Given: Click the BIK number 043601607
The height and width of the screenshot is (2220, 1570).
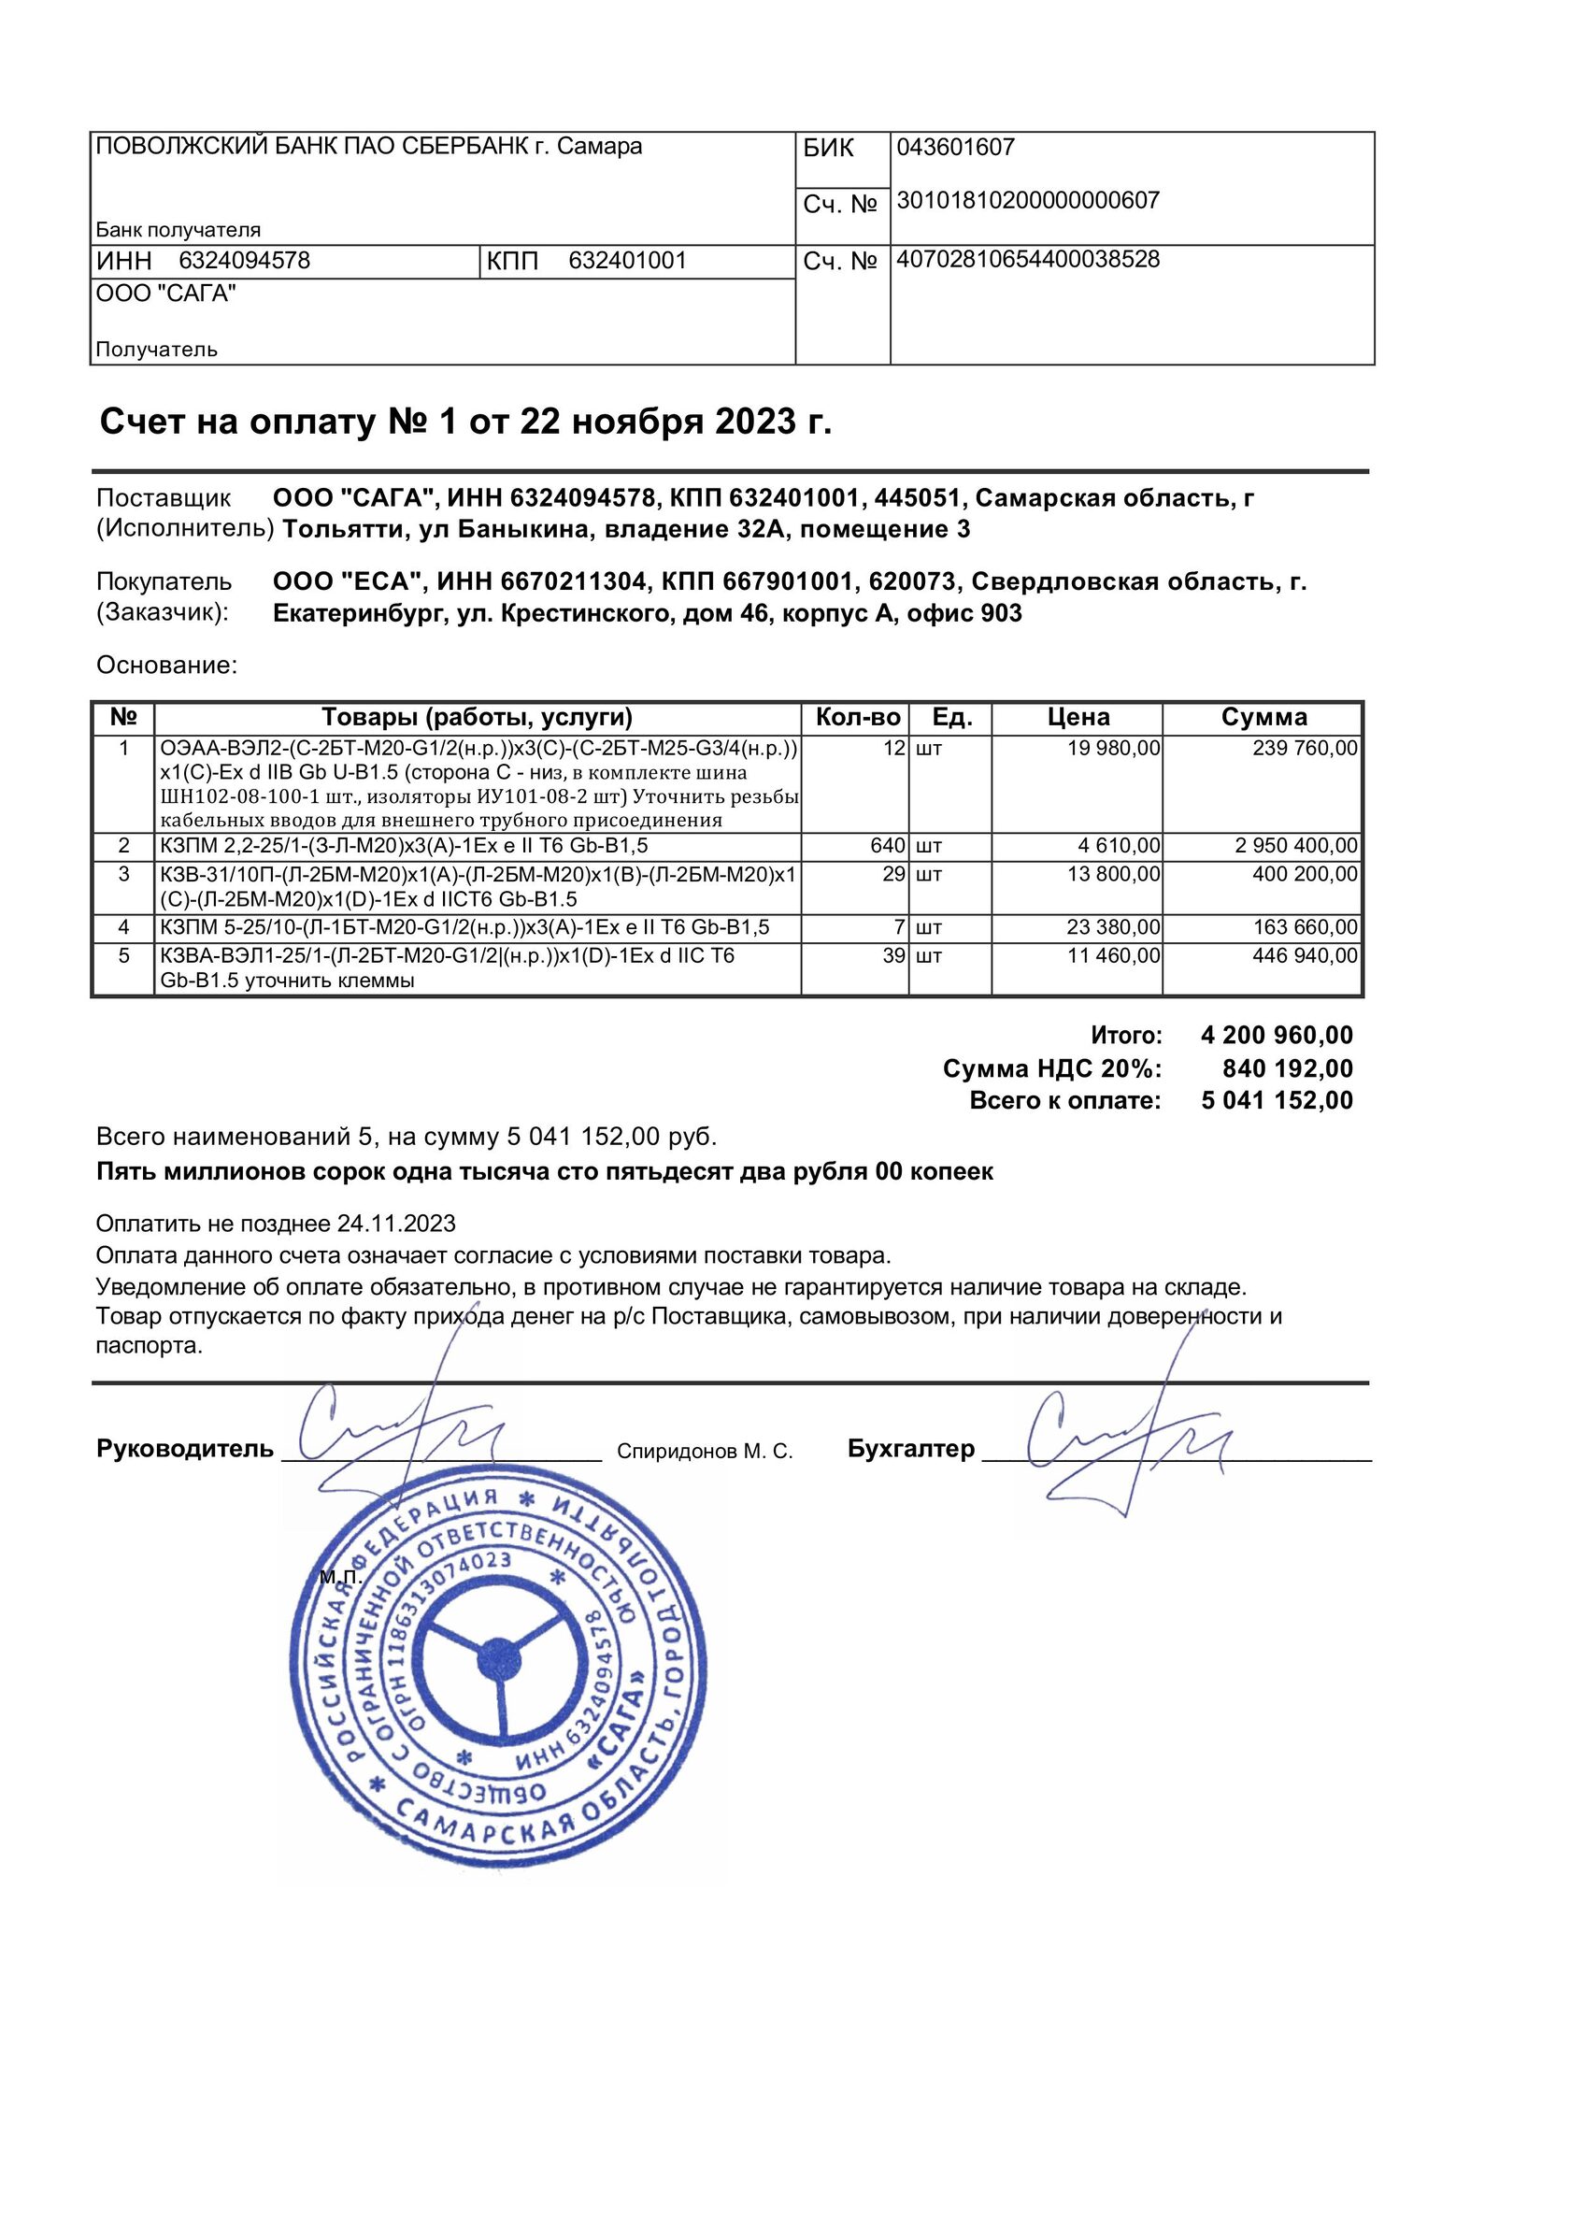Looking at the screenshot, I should [955, 148].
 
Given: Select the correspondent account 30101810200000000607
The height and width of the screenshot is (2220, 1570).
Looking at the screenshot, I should [1028, 201].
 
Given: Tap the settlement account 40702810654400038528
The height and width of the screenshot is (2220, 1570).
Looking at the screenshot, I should [1028, 260].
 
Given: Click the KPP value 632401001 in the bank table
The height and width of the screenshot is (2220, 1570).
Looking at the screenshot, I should [627, 261].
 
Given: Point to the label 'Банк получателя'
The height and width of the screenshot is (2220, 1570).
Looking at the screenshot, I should [178, 230].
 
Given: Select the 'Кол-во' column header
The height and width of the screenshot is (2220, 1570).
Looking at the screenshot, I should [858, 718].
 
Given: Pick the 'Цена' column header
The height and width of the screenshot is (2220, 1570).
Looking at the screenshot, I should [1078, 718].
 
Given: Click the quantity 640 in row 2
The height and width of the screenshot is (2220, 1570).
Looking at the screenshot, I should [888, 846].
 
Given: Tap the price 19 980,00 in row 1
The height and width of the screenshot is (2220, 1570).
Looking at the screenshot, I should [1114, 749].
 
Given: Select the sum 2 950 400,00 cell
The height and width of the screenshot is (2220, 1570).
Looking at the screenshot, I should [1296, 846].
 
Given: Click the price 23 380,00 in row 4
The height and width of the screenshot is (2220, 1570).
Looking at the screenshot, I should [1114, 928].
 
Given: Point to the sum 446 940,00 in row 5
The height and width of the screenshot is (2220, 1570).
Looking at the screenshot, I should [1306, 956].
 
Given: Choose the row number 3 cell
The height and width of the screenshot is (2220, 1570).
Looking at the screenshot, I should [123, 875].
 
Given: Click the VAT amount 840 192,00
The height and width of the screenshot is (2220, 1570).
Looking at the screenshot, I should [1288, 1068].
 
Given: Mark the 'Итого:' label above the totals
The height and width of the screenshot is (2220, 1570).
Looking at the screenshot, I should [1126, 1036].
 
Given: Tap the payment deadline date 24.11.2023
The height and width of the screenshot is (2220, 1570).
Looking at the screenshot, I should [396, 1225].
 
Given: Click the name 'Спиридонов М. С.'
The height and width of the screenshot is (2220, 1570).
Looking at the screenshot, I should [704, 1452].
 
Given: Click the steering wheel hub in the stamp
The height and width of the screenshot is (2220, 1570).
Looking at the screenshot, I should [500, 1661].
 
